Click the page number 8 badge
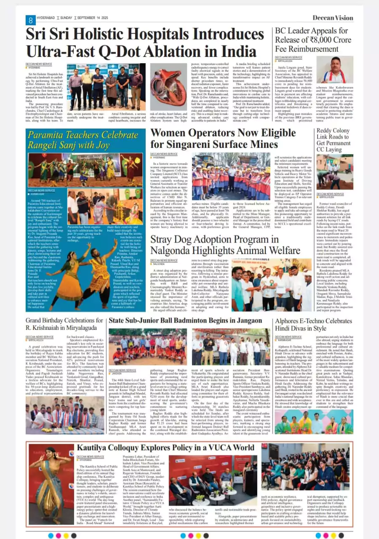click(30, 20)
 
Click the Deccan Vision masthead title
click(333, 18)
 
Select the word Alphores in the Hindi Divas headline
click(291, 321)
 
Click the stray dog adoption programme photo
click(272, 278)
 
